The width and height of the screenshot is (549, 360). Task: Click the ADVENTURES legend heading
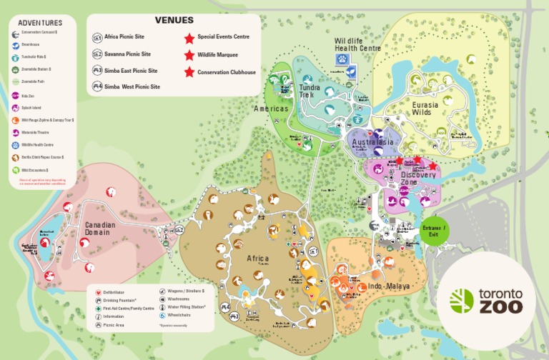(40, 23)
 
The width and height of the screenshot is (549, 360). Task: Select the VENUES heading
(174, 20)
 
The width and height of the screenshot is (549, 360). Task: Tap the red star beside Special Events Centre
(189, 37)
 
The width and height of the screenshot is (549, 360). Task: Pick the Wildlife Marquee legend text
(217, 54)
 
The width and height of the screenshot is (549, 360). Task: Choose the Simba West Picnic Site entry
(132, 86)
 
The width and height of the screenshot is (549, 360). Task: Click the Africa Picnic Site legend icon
(97, 37)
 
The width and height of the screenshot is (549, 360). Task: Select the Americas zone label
(271, 109)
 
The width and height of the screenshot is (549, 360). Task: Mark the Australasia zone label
(372, 142)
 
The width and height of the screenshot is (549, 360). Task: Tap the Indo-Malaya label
(389, 286)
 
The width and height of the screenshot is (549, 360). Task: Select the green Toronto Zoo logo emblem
(462, 301)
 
